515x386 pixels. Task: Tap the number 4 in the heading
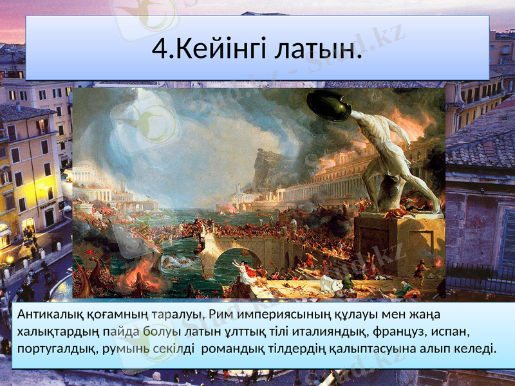tap(162, 48)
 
